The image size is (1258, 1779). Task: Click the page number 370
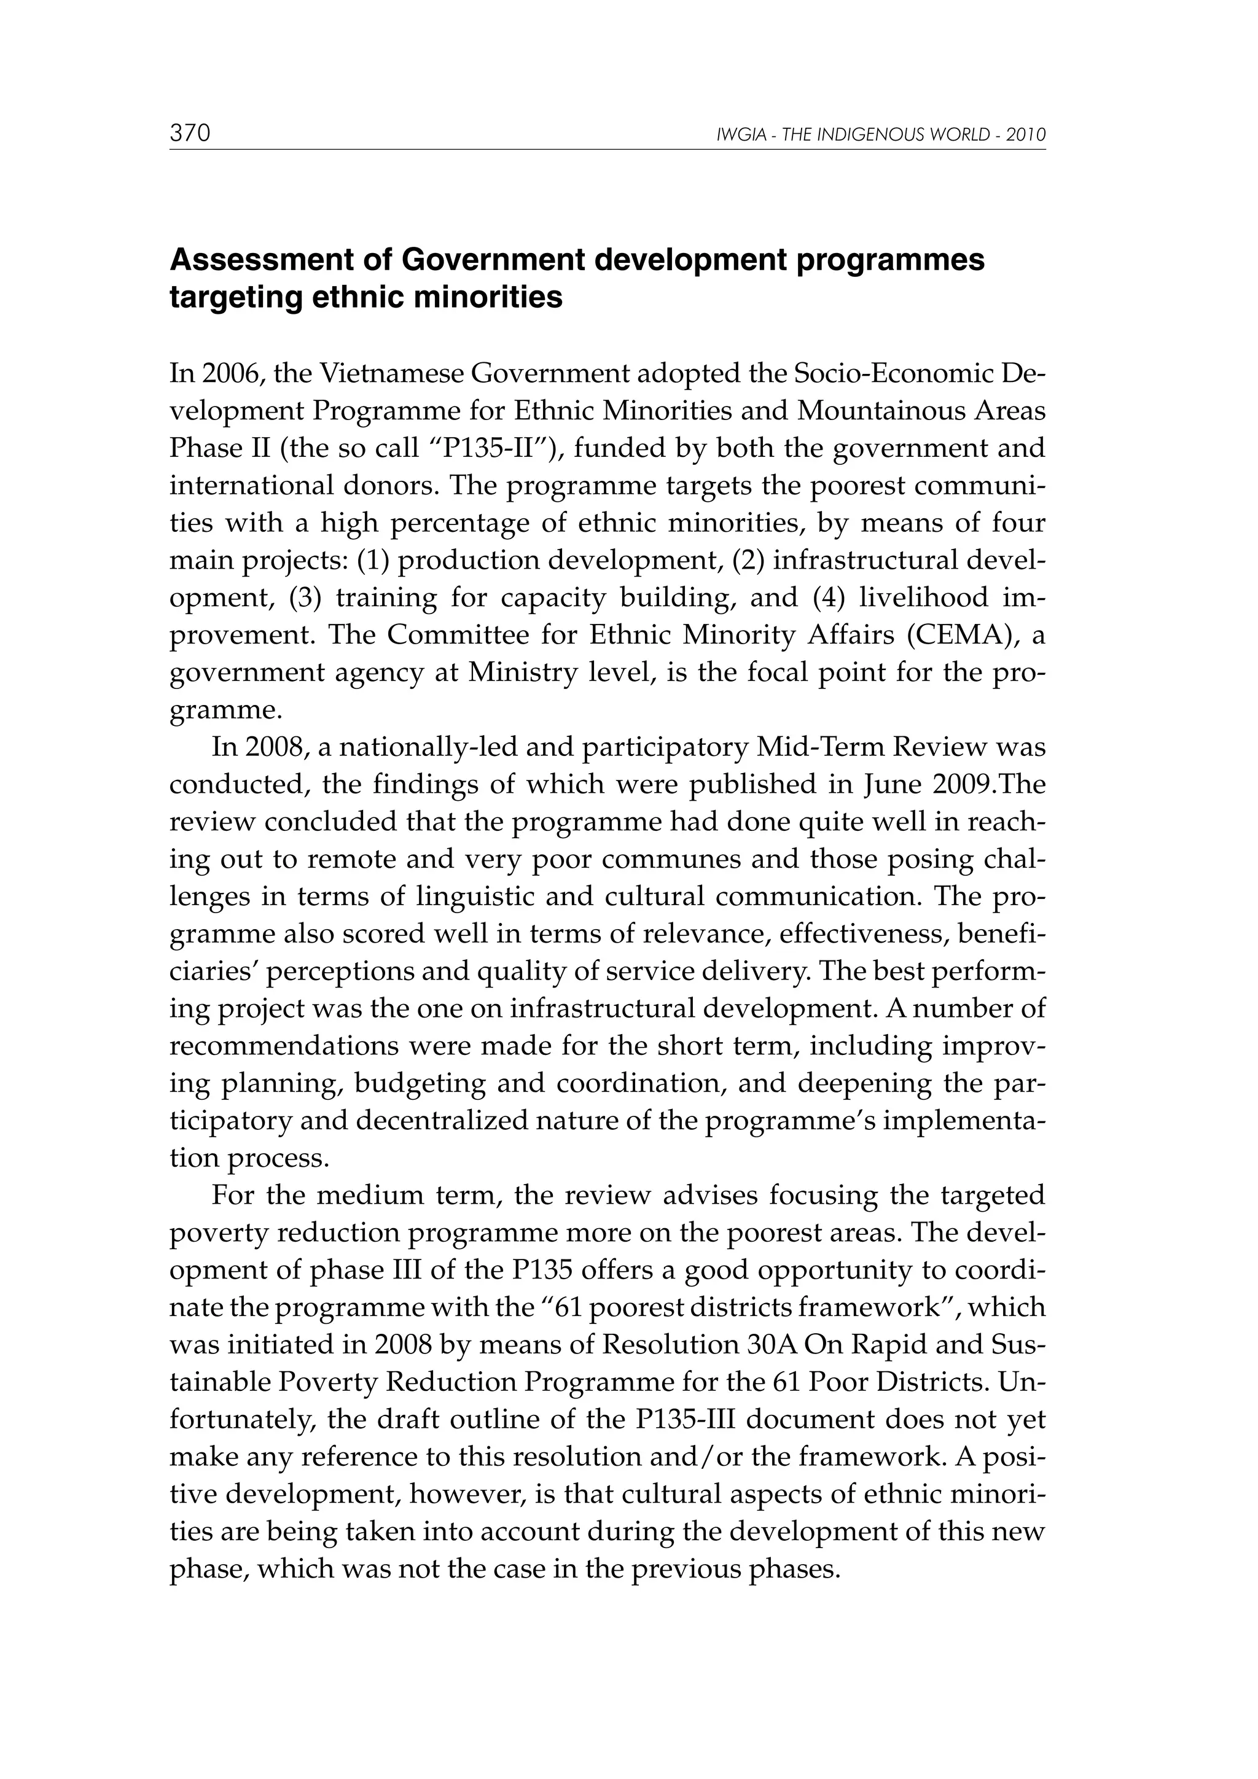[190, 134]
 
